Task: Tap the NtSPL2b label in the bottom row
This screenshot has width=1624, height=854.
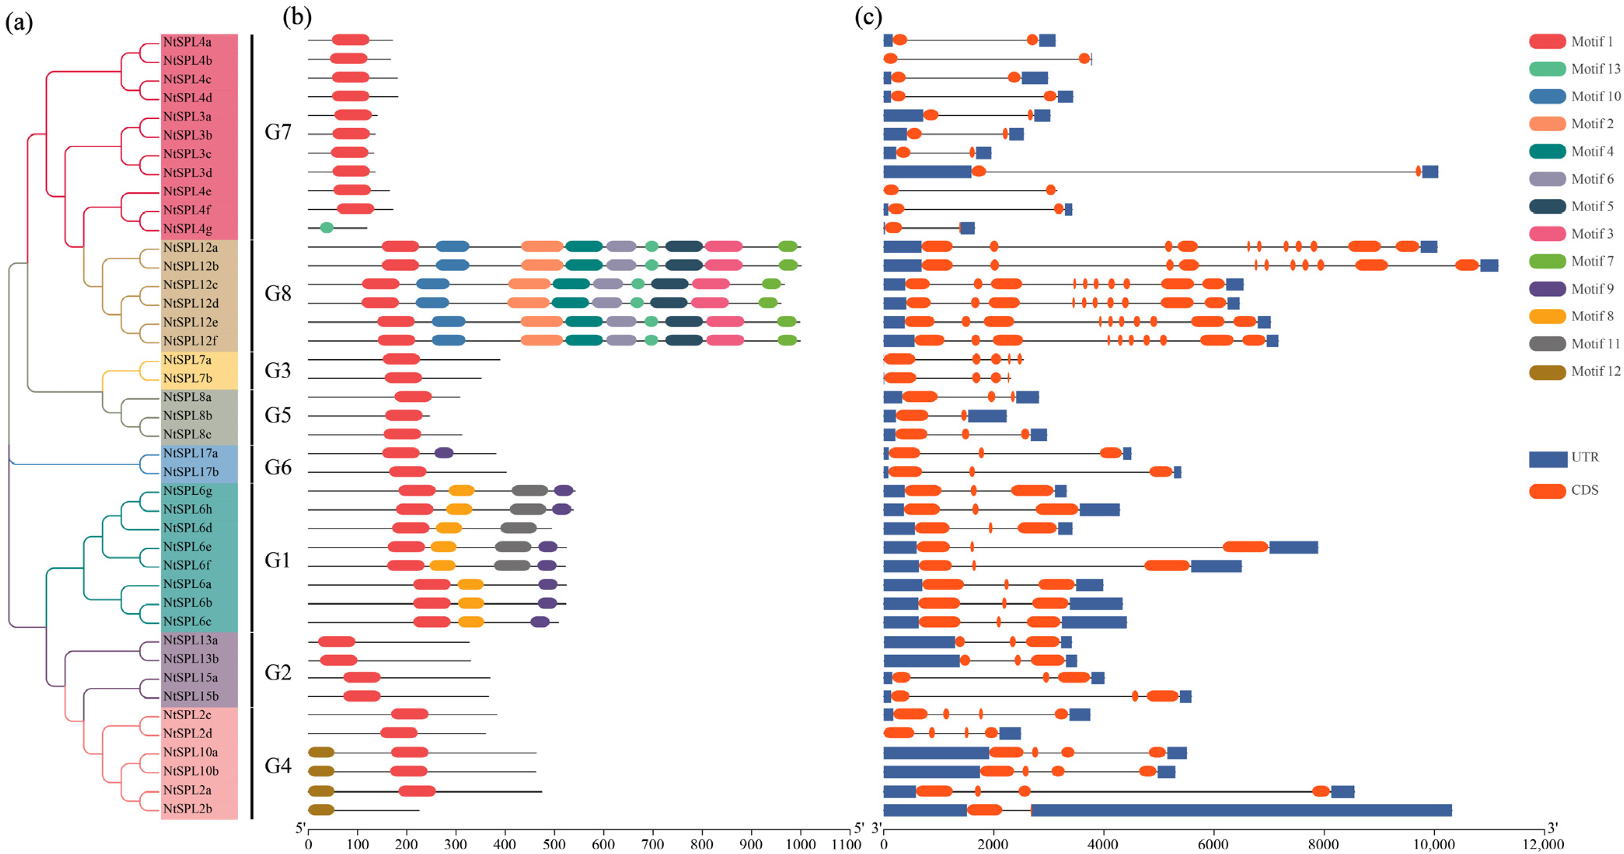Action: coord(187,809)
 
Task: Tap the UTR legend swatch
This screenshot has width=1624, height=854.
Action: coord(1548,459)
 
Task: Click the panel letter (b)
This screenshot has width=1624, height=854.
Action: coord(297,17)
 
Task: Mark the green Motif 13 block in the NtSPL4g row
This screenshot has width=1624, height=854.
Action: coord(326,228)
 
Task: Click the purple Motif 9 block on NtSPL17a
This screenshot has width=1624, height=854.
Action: coord(444,452)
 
